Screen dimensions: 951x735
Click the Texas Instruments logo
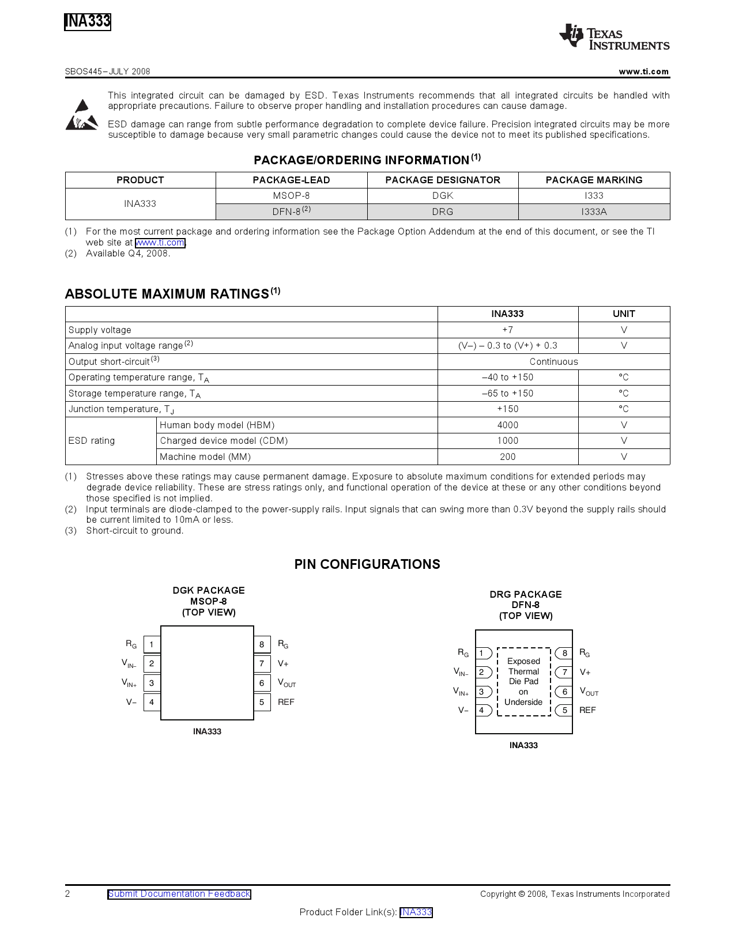(x=614, y=37)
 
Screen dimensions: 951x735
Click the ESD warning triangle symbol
(x=81, y=115)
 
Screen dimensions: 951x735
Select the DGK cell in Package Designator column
(x=443, y=196)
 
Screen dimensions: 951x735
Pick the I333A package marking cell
(x=594, y=212)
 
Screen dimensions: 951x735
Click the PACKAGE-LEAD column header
(x=291, y=180)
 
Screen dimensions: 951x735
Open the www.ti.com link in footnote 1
(x=160, y=243)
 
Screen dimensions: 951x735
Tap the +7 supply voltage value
(x=507, y=330)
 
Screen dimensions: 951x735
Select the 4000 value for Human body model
(x=507, y=425)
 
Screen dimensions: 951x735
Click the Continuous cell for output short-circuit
(x=553, y=361)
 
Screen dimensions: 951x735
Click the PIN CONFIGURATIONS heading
(x=367, y=564)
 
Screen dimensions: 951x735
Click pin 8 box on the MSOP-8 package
(x=262, y=644)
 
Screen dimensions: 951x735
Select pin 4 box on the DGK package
(x=152, y=702)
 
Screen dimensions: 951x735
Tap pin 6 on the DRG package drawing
(x=564, y=692)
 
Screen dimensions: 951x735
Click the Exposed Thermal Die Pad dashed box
(x=523, y=681)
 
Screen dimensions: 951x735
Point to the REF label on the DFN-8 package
(x=587, y=710)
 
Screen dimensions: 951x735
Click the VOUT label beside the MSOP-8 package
(x=287, y=683)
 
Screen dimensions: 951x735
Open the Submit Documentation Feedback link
(x=179, y=894)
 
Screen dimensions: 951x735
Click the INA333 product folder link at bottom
(x=416, y=912)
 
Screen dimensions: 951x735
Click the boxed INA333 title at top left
(x=88, y=22)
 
